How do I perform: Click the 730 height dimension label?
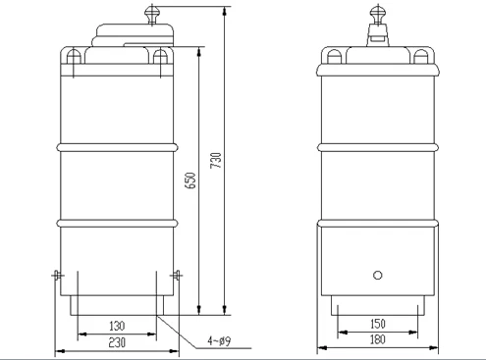coord(216,160)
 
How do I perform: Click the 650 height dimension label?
coord(190,180)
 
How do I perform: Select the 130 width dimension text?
coord(117,326)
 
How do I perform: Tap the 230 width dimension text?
coord(117,342)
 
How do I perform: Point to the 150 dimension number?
coord(378,324)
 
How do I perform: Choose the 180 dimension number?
coord(378,339)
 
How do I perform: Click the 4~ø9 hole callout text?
coord(219,341)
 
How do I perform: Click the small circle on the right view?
coord(378,276)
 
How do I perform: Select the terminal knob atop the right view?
coord(378,14)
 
